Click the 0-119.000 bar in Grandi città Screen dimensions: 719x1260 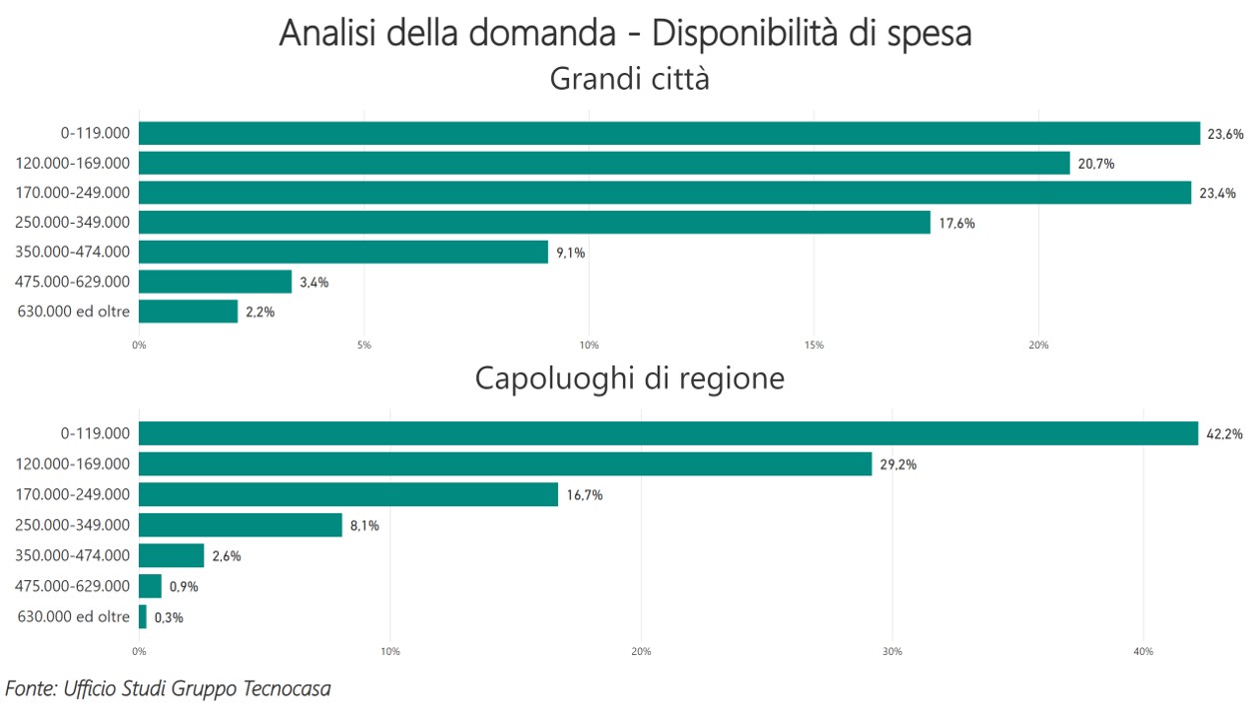pos(669,133)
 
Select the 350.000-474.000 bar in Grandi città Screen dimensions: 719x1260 pos(343,252)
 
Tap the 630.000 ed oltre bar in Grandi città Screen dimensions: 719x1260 pos(189,312)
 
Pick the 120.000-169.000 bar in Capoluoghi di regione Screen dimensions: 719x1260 pos(505,464)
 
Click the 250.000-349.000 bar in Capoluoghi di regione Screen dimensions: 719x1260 pos(241,525)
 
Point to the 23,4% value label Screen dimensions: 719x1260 pos(1218,194)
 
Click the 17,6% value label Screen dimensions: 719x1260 pos(956,224)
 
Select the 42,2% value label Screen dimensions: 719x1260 pos(1225,434)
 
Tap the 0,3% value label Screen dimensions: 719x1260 pos(169,618)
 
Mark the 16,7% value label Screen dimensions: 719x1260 pos(585,495)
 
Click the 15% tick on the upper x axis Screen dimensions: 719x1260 pos(814,346)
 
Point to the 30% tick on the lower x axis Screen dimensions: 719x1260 pos(893,652)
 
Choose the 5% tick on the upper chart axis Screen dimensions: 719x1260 pos(363,346)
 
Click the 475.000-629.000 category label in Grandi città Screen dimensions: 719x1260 pos(72,282)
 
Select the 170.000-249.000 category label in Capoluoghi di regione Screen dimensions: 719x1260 pos(72,494)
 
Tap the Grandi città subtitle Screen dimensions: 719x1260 pos(630,78)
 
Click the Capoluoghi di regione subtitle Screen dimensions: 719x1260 pos(630,378)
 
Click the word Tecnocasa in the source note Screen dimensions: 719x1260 pos(287,688)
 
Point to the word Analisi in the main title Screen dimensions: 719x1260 pos(326,33)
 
